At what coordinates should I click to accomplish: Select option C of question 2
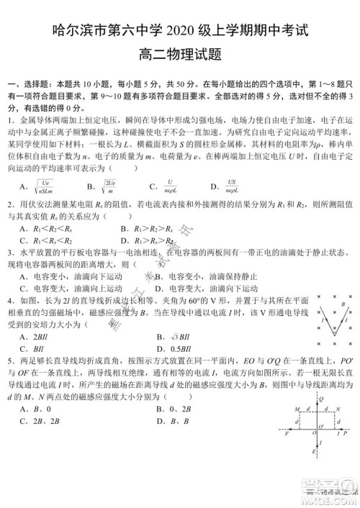tap(43, 240)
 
